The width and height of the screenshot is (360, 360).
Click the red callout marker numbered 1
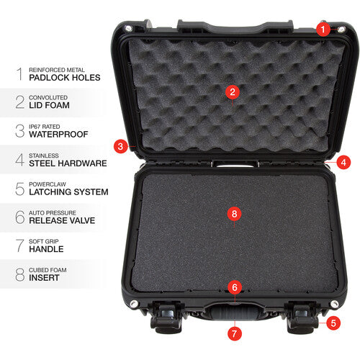(323, 30)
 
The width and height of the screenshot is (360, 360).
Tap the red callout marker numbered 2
(231, 91)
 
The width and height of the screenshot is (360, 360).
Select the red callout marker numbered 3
(122, 146)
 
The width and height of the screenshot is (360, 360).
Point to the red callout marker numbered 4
(343, 162)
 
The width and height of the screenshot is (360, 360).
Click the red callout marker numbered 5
(333, 323)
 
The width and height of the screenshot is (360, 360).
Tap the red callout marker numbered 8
(232, 214)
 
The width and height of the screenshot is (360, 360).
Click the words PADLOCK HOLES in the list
(65, 77)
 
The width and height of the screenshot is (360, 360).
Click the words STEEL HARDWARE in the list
(68, 163)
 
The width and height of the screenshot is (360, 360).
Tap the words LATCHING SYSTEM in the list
(68, 192)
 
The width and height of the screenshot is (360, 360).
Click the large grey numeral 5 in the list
(19, 188)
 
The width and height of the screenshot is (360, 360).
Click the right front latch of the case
(303, 315)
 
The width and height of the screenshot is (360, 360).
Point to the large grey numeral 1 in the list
(19, 73)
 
